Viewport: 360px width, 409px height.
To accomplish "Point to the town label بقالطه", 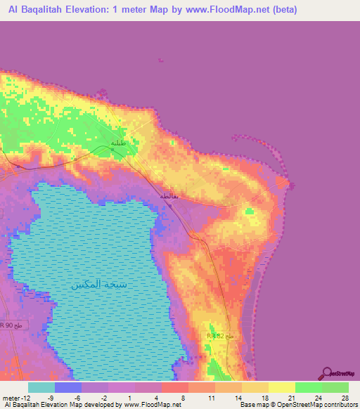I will coord(169,195).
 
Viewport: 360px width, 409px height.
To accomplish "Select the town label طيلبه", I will coord(118,143).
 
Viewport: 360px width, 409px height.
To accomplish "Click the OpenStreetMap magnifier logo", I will coord(328,373).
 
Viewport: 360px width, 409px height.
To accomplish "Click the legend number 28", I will coord(345,398).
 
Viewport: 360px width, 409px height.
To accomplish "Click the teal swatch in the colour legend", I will coord(41,387).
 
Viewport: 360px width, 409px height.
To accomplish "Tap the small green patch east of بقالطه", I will coord(249,210).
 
